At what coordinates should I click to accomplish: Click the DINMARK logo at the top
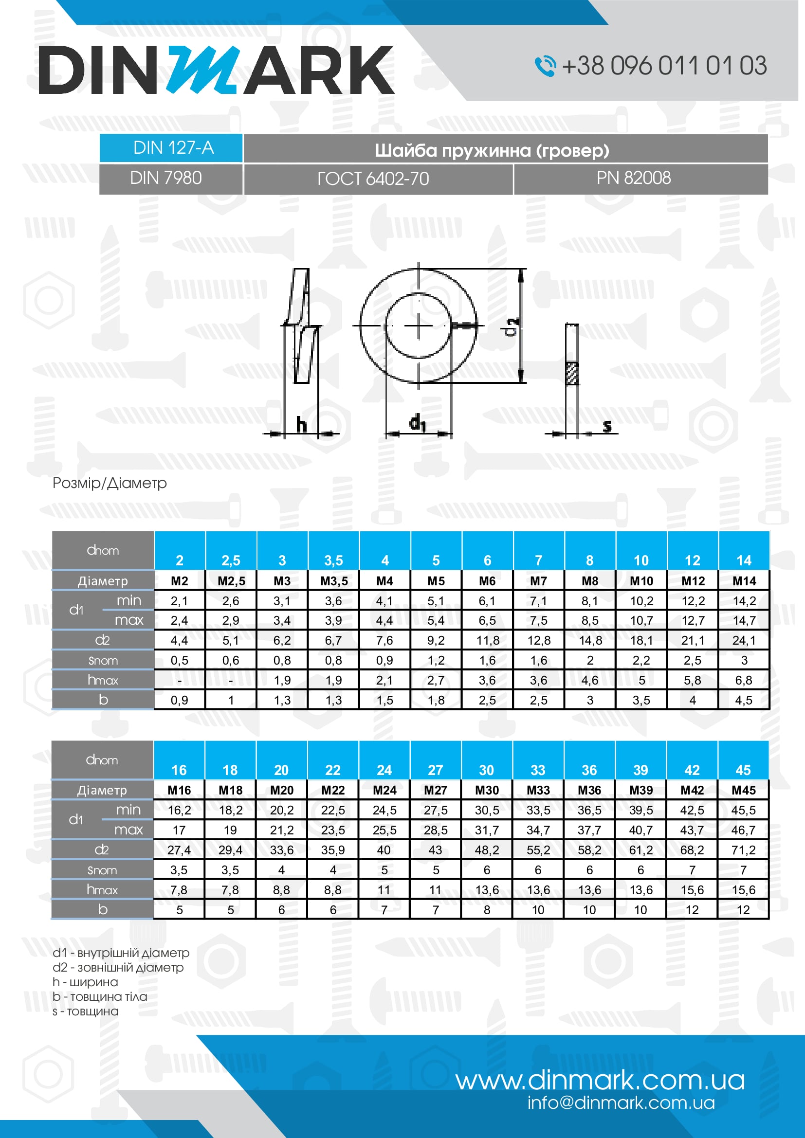coord(216,70)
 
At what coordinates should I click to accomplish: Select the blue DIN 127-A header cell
coord(171,148)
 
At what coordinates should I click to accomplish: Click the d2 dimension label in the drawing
coord(512,326)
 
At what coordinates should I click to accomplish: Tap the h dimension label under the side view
coord(301,425)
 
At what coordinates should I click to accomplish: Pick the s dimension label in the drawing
coord(607,426)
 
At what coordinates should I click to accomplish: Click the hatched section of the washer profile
coord(572,373)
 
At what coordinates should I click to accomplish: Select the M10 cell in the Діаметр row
coord(641,581)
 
